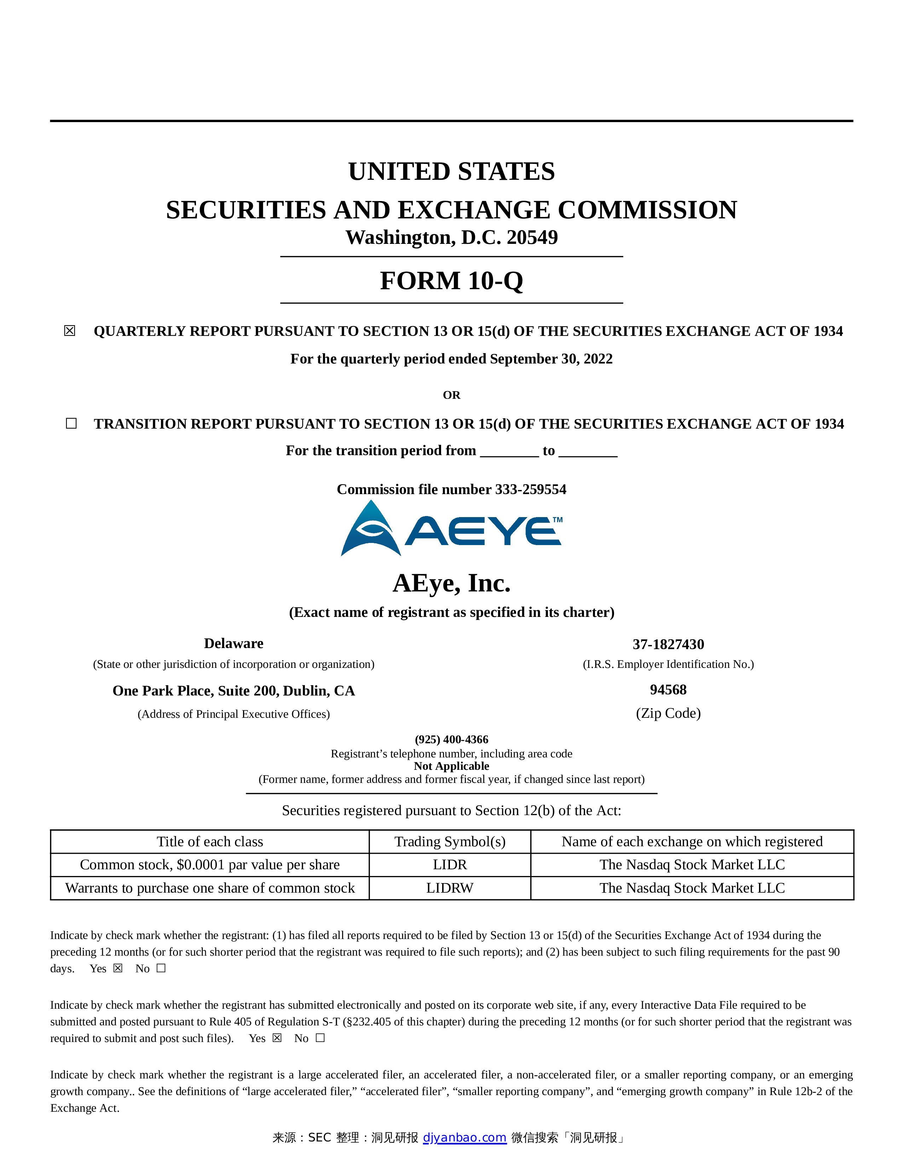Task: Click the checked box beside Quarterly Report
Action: click(69, 331)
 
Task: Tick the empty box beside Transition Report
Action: click(71, 424)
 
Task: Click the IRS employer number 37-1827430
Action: click(668, 645)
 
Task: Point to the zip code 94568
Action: click(668, 690)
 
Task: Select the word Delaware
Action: click(233, 643)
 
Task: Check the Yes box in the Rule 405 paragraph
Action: click(277, 1038)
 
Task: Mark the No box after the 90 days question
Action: click(161, 968)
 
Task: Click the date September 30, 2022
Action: click(551, 359)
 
